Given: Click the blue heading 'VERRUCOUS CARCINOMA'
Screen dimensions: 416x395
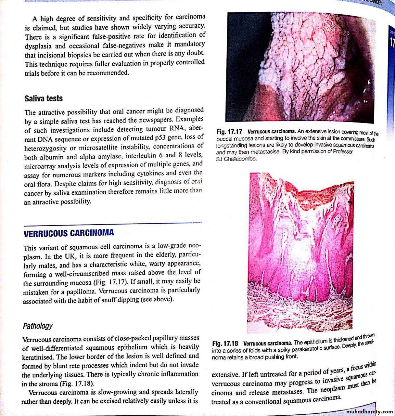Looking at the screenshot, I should [69, 233].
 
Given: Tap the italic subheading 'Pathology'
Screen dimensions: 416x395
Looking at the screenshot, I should [37, 326].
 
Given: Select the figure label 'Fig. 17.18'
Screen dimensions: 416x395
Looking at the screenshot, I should [225, 343].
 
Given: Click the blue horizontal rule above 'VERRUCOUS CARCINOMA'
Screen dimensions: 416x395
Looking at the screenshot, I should [112, 224].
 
